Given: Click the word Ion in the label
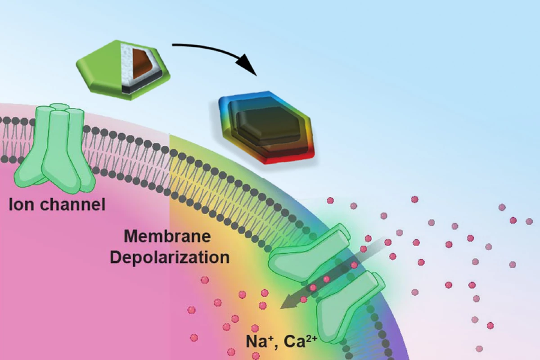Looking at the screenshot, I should coord(21,205).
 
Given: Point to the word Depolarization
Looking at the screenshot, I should coord(170,257).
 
